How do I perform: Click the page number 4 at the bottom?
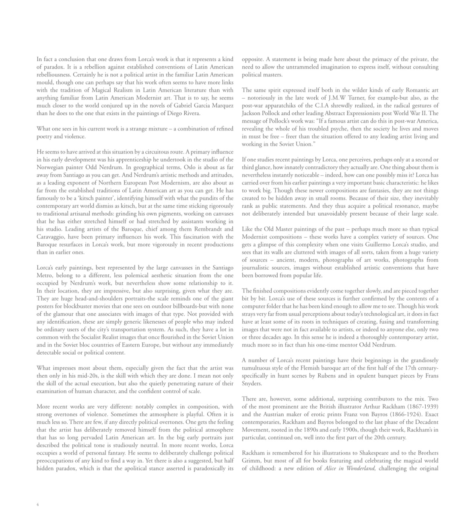coord(37,504)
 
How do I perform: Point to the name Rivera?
coord(190,113)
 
